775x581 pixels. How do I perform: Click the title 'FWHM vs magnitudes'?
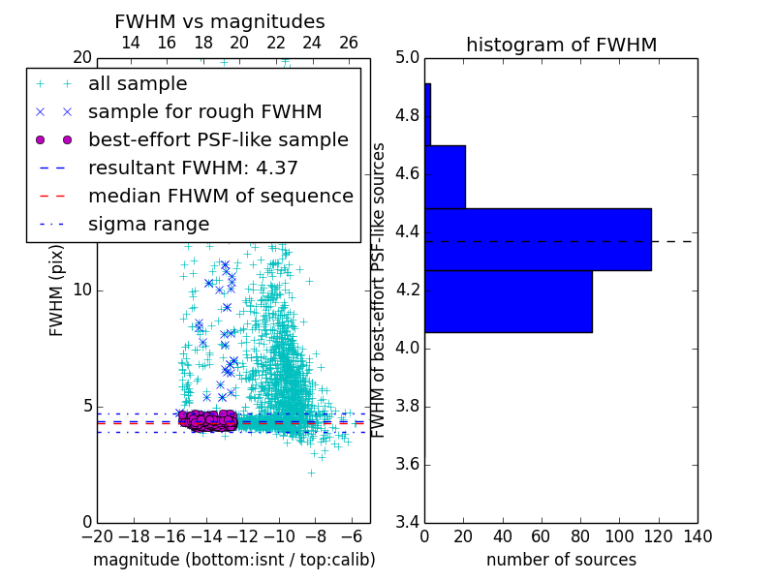[x=220, y=21]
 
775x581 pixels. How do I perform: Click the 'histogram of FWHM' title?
[x=561, y=45]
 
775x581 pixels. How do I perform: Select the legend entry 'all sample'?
[x=138, y=84]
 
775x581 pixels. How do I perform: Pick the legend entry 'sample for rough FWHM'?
[x=204, y=111]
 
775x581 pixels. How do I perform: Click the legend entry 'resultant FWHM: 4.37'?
[x=193, y=168]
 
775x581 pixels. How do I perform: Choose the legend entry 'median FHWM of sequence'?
[x=220, y=196]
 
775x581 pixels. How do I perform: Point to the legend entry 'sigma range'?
[x=148, y=224]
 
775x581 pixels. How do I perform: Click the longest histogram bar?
[x=538, y=239]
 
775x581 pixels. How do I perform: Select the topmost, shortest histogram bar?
[x=427, y=114]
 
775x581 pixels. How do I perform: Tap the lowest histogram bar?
[x=508, y=301]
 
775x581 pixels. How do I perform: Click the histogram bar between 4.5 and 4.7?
[x=445, y=176]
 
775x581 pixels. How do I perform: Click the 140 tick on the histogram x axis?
[x=697, y=536]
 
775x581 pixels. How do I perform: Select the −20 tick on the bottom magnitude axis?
[x=96, y=536]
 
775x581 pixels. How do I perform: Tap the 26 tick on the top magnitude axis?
[x=349, y=43]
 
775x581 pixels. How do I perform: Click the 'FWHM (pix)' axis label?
[x=57, y=290]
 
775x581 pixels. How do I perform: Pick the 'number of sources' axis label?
[x=561, y=560]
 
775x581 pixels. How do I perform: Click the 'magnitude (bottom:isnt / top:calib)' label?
[x=233, y=560]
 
